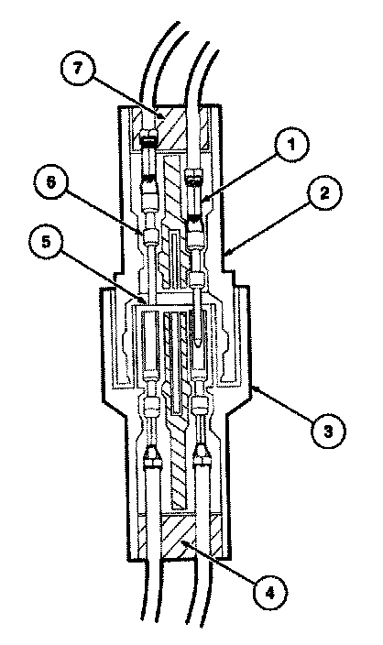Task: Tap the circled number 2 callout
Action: (324, 193)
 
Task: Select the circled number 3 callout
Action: (328, 432)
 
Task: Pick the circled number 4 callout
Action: (270, 593)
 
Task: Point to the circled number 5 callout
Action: (46, 242)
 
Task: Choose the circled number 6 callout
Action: (50, 182)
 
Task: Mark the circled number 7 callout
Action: (77, 69)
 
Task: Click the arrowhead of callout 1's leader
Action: (202, 202)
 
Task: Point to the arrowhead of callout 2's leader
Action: (225, 254)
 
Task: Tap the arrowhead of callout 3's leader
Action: (252, 387)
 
